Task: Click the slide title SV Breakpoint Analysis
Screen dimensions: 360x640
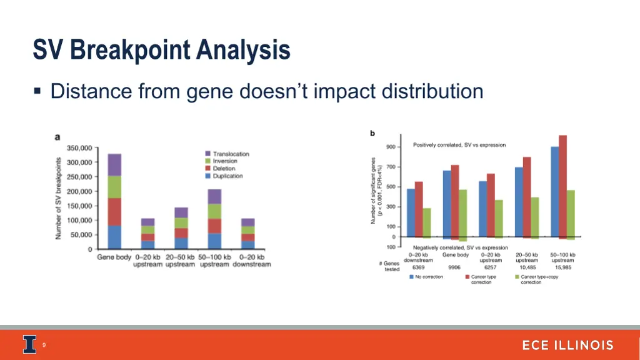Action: [161, 50]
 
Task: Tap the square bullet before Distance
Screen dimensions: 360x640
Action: [37, 92]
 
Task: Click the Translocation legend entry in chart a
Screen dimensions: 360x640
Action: [230, 154]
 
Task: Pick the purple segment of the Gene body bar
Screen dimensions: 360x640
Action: [114, 164]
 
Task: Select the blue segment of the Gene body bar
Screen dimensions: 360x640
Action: [114, 237]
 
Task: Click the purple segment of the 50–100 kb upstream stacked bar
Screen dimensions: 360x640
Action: [214, 196]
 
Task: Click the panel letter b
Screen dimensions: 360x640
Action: [372, 132]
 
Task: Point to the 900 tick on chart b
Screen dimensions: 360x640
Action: [391, 147]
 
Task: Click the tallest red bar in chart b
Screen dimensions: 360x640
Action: [562, 186]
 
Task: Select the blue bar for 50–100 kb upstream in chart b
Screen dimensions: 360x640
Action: [554, 191]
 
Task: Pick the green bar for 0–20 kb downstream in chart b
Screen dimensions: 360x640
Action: [426, 222]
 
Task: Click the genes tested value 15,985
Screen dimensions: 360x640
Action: [562, 267]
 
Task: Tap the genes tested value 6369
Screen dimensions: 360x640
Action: [418, 267]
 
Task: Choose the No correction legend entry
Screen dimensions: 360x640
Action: [426, 277]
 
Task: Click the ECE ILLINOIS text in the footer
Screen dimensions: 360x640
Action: [567, 346]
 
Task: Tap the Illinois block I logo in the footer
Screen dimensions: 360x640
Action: [29, 345]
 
